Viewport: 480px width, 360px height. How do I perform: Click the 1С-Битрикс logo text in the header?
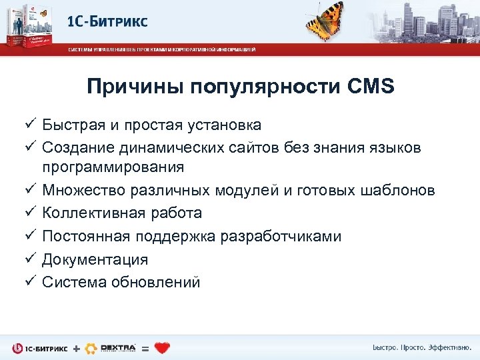[x=107, y=21]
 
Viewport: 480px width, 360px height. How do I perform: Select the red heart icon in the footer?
[x=162, y=347]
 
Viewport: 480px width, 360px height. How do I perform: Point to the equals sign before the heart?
[x=145, y=348]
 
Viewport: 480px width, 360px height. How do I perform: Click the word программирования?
[x=113, y=167]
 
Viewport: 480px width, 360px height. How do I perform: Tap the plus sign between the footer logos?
[x=75, y=348]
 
